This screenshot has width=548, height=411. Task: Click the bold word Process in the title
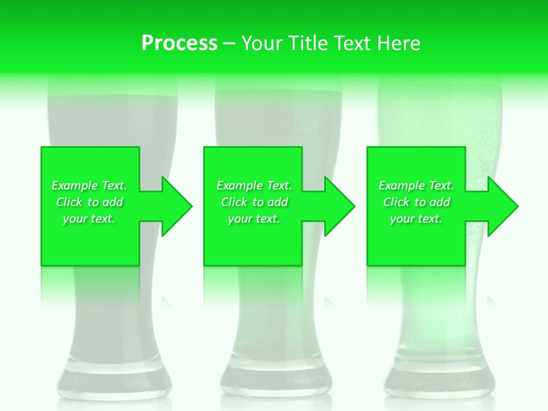(x=179, y=43)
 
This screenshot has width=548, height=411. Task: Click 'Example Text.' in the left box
(x=90, y=186)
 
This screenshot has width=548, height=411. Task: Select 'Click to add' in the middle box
(x=254, y=202)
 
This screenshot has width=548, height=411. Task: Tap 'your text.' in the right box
(x=416, y=219)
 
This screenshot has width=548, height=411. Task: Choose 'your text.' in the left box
(x=90, y=219)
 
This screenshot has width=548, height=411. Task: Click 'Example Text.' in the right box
(x=416, y=186)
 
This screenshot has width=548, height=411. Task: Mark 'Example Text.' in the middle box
(x=254, y=186)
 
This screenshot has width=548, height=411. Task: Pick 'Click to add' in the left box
(x=90, y=202)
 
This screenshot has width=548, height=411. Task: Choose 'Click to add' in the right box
(x=416, y=202)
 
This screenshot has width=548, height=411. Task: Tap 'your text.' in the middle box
(x=254, y=219)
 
